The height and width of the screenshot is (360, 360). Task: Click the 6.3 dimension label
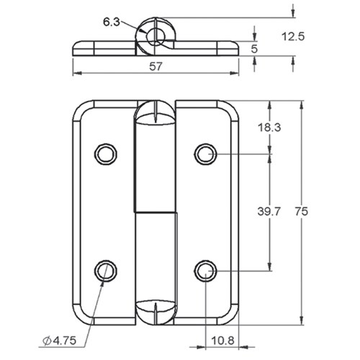pyautogui.click(x=112, y=22)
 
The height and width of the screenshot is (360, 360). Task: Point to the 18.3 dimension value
pyautogui.click(x=269, y=127)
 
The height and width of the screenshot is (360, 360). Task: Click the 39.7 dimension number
pyautogui.click(x=269, y=211)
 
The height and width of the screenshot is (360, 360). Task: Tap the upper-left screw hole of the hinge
pyautogui.click(x=105, y=153)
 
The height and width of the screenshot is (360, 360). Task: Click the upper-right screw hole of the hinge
pyautogui.click(x=205, y=153)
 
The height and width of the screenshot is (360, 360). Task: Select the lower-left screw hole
pyautogui.click(x=105, y=270)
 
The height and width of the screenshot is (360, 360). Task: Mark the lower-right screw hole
pyautogui.click(x=205, y=270)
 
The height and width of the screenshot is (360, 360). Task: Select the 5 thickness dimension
pyautogui.click(x=253, y=49)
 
